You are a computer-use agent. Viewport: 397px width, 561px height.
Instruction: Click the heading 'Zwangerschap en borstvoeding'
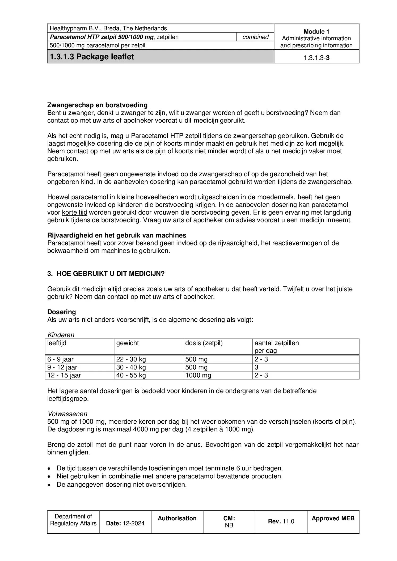(x=97, y=105)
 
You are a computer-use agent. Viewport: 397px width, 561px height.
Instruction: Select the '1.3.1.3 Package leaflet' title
(x=92, y=57)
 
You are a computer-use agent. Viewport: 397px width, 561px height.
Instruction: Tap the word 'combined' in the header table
(x=255, y=37)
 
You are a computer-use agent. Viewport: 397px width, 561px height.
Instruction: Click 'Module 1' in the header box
(x=316, y=31)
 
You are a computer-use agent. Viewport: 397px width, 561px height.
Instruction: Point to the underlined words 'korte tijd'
(x=74, y=212)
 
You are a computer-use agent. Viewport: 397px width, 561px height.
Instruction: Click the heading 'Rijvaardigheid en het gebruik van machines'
(x=117, y=235)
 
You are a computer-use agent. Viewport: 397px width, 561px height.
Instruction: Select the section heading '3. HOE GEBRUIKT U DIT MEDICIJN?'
(x=106, y=274)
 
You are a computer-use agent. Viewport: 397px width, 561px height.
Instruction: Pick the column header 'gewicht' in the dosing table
(x=127, y=343)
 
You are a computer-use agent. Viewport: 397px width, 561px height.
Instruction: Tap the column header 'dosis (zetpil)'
(x=204, y=343)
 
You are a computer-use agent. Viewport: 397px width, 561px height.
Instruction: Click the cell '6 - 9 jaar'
(x=60, y=359)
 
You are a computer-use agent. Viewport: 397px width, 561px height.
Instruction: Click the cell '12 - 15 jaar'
(x=64, y=375)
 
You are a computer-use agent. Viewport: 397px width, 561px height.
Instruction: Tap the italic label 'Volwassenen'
(x=67, y=414)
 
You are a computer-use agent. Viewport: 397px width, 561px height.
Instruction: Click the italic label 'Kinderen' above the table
(x=61, y=335)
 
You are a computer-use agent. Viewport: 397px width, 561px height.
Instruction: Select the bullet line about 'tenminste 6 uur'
(x=170, y=468)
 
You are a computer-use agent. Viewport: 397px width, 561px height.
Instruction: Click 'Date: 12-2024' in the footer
(x=125, y=523)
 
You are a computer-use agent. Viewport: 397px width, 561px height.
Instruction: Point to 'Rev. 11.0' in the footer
(x=281, y=521)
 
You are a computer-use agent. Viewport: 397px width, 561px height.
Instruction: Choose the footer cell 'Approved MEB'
(x=333, y=518)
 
